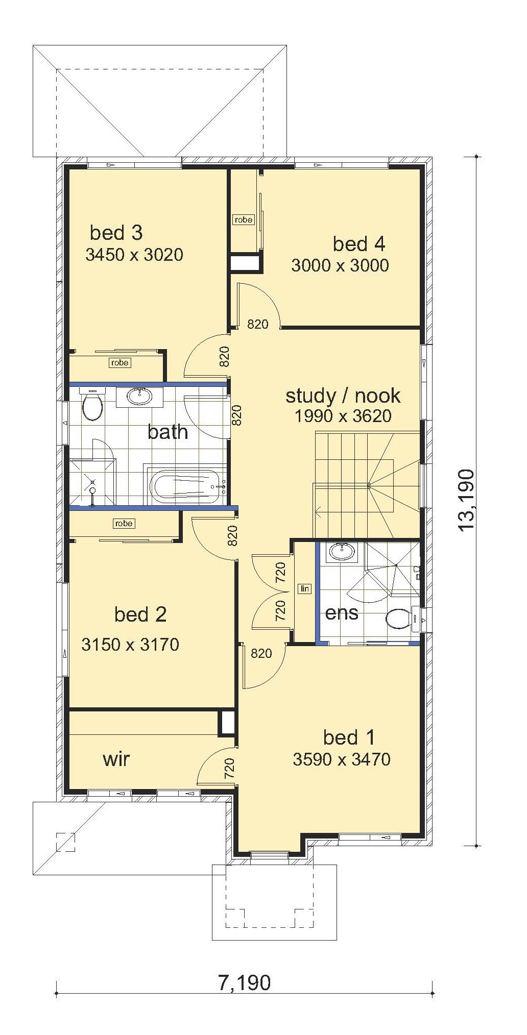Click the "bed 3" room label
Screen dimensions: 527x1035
(x=116, y=233)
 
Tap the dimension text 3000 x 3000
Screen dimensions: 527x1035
(x=340, y=265)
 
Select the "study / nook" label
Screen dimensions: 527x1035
(x=343, y=396)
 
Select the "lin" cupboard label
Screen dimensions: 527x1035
(x=305, y=588)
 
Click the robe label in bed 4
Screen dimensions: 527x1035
(x=243, y=219)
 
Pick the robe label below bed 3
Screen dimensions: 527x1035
(x=120, y=362)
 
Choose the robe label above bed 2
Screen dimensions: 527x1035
(x=124, y=523)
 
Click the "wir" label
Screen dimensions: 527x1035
(x=116, y=759)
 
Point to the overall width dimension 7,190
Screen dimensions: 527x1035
(x=245, y=981)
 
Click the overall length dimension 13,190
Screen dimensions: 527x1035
(x=467, y=501)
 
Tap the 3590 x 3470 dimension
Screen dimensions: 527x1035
(x=342, y=759)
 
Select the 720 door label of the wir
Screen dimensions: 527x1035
(x=229, y=769)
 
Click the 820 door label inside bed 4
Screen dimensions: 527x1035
(x=258, y=324)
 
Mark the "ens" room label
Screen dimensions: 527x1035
(x=342, y=612)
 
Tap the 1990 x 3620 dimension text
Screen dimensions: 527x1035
(x=343, y=416)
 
